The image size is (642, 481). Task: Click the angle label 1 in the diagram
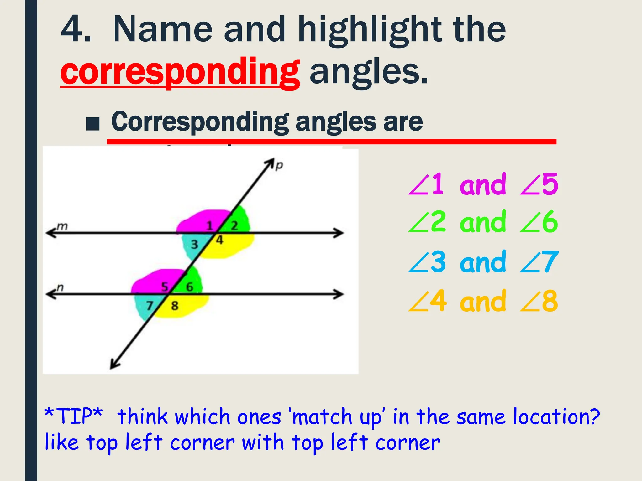(210, 225)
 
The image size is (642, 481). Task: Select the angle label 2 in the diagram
(234, 225)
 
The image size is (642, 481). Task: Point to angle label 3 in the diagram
(194, 244)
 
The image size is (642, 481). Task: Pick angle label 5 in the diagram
(165, 287)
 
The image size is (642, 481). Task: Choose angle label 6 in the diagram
(190, 287)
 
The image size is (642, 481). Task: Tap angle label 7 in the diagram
(150, 305)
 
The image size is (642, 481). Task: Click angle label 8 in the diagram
(175, 305)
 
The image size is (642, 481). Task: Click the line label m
(62, 226)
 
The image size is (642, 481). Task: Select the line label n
(60, 287)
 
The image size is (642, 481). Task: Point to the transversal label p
(279, 165)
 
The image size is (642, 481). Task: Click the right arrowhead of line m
(339, 233)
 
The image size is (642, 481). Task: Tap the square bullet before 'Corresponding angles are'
(93, 124)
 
